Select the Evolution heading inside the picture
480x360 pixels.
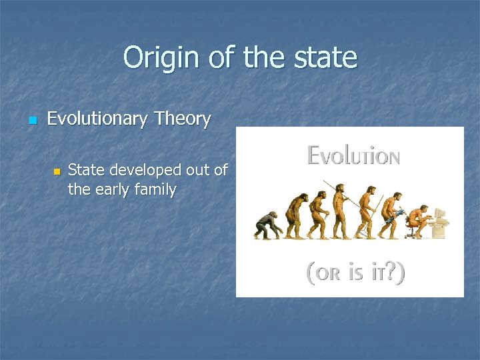353,156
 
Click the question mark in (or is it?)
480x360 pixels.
391,273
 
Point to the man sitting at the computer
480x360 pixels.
419,220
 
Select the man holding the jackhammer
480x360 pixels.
396,213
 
